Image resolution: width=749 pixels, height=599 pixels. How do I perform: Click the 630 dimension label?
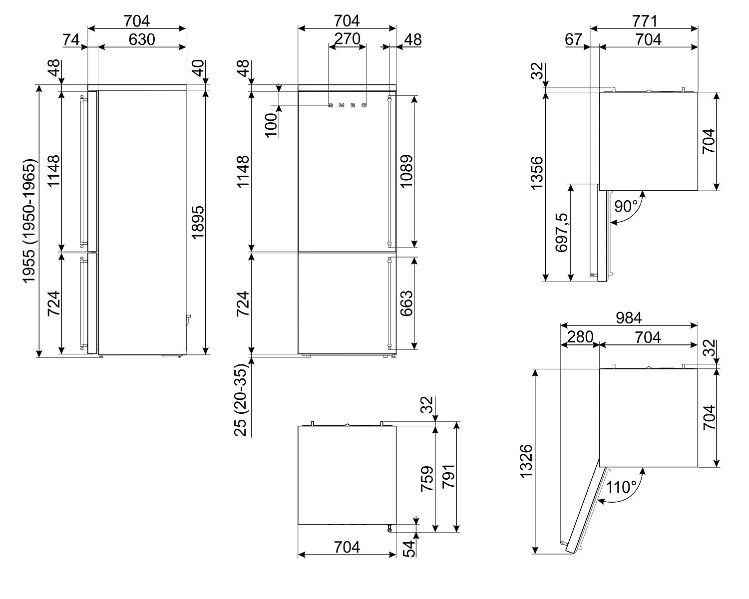pyautogui.click(x=141, y=39)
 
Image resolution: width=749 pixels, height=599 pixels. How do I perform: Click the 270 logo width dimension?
pyautogui.click(x=347, y=38)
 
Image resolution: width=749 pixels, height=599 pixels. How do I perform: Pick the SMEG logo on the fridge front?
pyautogui.click(x=347, y=105)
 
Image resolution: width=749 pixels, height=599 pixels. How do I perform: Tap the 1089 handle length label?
pyautogui.click(x=407, y=171)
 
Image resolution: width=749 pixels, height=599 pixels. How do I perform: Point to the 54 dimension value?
pyautogui.click(x=408, y=548)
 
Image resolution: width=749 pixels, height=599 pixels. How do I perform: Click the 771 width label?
pyautogui.click(x=644, y=21)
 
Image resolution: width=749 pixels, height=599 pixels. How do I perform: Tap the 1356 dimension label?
pyautogui.click(x=537, y=173)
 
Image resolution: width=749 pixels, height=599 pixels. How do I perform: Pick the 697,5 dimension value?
pyautogui.click(x=562, y=232)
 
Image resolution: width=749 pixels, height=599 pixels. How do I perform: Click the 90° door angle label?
pyautogui.click(x=626, y=206)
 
